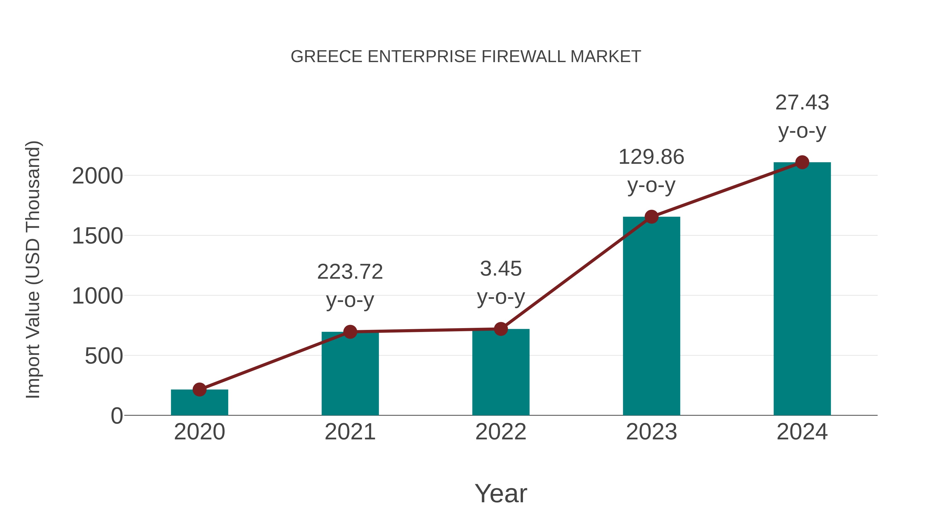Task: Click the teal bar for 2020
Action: click(199, 403)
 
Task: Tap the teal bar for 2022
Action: click(500, 372)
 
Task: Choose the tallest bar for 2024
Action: click(802, 289)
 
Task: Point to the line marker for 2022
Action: click(500, 329)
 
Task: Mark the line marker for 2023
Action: click(651, 217)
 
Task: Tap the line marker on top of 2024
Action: click(802, 162)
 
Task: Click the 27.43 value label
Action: click(802, 103)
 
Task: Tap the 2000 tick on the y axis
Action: click(97, 176)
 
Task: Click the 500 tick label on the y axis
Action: click(104, 356)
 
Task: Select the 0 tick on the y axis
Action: click(117, 416)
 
